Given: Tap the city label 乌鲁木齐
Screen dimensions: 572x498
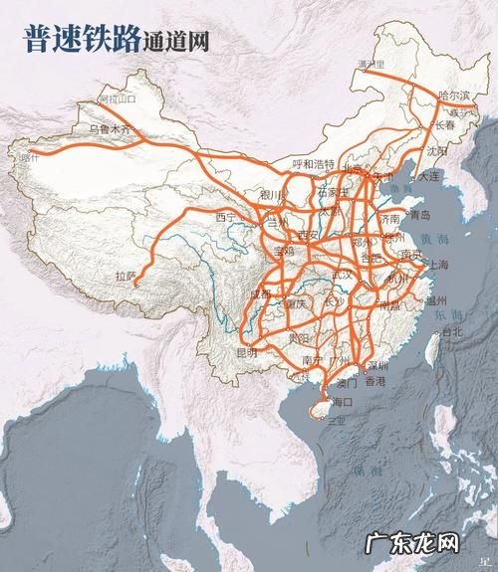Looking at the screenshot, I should pyautogui.click(x=109, y=129).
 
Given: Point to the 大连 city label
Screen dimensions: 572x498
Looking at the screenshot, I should pyautogui.click(x=430, y=174).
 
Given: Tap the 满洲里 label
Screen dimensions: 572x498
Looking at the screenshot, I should pyautogui.click(x=372, y=65).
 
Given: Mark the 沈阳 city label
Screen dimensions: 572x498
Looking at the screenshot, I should pyautogui.click(x=437, y=152).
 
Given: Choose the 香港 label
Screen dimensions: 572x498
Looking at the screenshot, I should pyautogui.click(x=374, y=381).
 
